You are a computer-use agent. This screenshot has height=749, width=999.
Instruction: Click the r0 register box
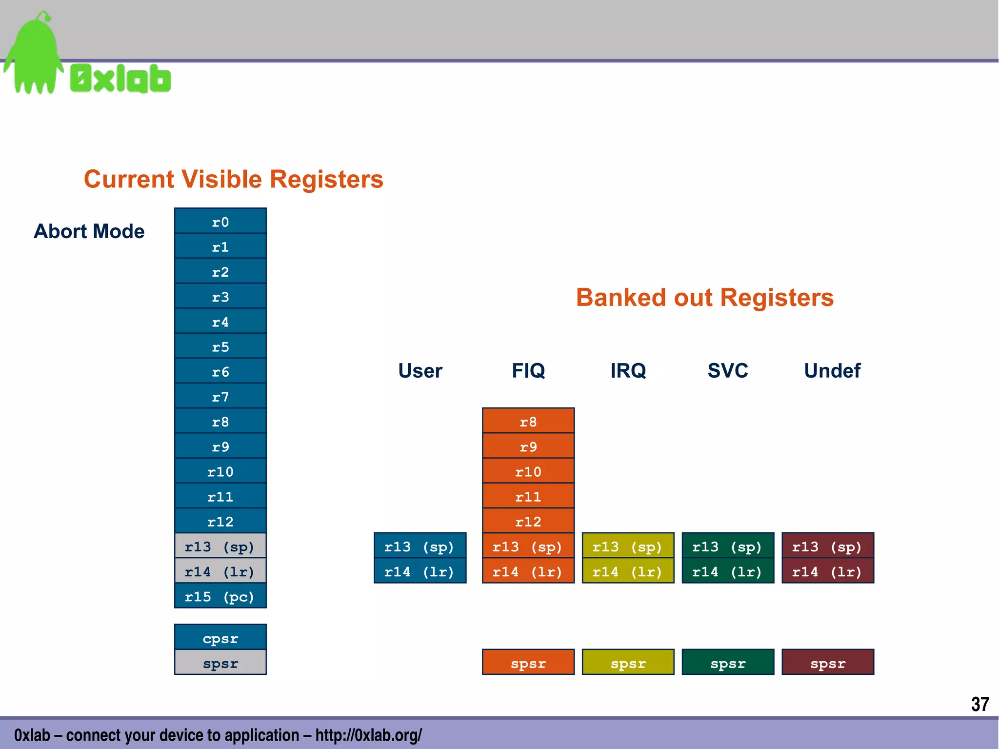(220, 222)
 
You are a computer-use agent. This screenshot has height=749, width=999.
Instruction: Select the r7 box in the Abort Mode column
(220, 396)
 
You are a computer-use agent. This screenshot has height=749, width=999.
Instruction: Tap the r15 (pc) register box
(220, 596)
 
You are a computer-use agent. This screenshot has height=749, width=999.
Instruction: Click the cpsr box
(220, 638)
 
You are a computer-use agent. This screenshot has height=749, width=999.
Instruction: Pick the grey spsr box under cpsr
(220, 663)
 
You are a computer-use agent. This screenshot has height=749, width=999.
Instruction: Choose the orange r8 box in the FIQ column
(528, 421)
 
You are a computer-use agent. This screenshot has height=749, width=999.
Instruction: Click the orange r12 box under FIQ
(528, 521)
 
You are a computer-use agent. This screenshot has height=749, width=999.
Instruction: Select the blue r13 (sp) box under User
(420, 546)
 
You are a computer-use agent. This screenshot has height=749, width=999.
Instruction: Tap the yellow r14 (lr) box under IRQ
(627, 571)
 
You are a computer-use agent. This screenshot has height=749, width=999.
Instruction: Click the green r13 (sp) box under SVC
(727, 546)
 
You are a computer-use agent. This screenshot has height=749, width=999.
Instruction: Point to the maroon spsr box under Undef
(827, 663)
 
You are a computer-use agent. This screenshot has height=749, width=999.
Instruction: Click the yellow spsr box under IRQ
(627, 663)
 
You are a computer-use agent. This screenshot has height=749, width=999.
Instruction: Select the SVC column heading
(727, 370)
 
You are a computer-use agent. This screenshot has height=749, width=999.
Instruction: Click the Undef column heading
(832, 370)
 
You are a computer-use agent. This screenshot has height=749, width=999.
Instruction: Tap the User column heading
(420, 370)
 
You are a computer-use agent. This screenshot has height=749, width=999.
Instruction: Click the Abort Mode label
(89, 231)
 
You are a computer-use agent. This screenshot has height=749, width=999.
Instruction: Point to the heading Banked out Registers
(704, 297)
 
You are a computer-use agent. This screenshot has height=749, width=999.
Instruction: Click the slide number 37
(979, 704)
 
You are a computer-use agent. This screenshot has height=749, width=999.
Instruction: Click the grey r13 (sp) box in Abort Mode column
(220, 546)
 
